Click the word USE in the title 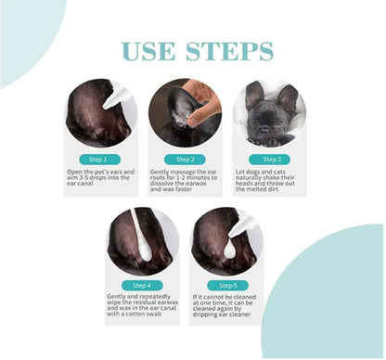(148, 51)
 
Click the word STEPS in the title (230, 51)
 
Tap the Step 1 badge (100, 160)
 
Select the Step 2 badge (185, 160)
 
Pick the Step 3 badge (270, 160)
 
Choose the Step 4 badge (142, 286)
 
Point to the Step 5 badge (227, 286)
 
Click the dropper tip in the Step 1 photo (106, 106)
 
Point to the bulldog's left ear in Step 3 (254, 95)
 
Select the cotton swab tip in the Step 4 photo (145, 251)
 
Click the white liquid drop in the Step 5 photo (231, 249)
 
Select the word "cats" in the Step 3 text (279, 172)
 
